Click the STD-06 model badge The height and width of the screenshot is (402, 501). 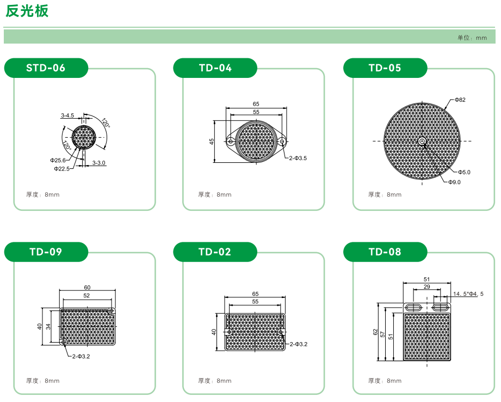tap(46, 68)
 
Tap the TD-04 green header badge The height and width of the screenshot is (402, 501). tap(215, 68)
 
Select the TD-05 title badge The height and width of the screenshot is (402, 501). tap(385, 68)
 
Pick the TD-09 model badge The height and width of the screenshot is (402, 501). tap(46, 252)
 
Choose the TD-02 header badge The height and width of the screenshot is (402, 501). tap(215, 252)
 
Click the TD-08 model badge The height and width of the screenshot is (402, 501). tap(385, 252)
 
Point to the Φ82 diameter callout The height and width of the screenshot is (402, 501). tap(460, 100)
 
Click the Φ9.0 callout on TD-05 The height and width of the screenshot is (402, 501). tap(454, 182)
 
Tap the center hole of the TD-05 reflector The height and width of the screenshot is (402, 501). tap(422, 141)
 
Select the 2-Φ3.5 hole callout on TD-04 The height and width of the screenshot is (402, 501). tap(298, 158)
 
